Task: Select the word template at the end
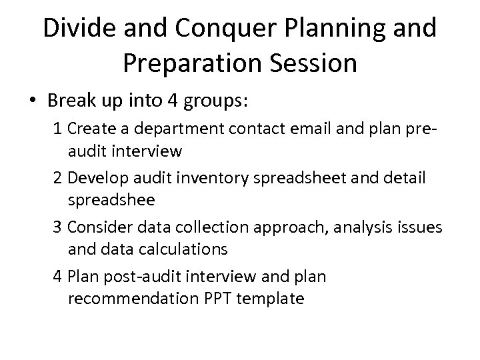click(271, 299)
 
